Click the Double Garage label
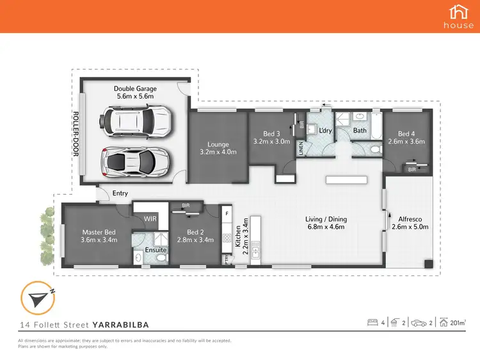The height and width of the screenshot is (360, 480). click(135, 88)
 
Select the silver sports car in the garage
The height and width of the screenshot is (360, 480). click(136, 159)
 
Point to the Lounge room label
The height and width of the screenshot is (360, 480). click(218, 144)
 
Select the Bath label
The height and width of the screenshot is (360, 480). click(361, 131)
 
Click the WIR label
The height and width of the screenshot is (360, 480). click(150, 219)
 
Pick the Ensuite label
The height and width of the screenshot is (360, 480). click(156, 250)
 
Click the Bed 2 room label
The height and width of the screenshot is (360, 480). click(187, 233)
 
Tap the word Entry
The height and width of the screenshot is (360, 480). click(120, 193)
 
